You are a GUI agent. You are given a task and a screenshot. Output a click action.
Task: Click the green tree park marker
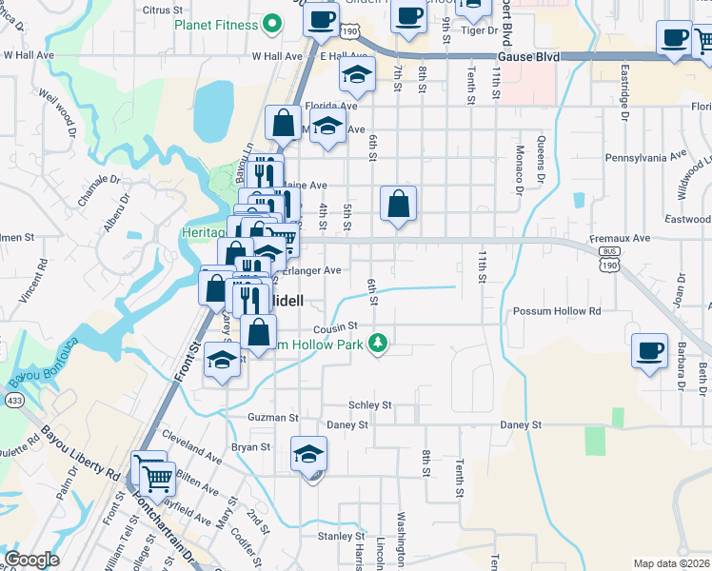point(380,343)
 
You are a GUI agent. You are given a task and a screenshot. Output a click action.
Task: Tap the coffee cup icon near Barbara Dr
point(650,352)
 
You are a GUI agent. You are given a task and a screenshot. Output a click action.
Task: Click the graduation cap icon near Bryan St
point(308,456)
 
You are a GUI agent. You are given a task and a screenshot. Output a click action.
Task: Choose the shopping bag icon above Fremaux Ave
point(398,204)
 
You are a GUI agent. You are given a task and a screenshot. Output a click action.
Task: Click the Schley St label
point(370,404)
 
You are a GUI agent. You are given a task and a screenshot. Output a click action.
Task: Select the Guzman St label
point(273,417)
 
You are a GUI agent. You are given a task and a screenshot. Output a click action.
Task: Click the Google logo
point(31,560)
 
